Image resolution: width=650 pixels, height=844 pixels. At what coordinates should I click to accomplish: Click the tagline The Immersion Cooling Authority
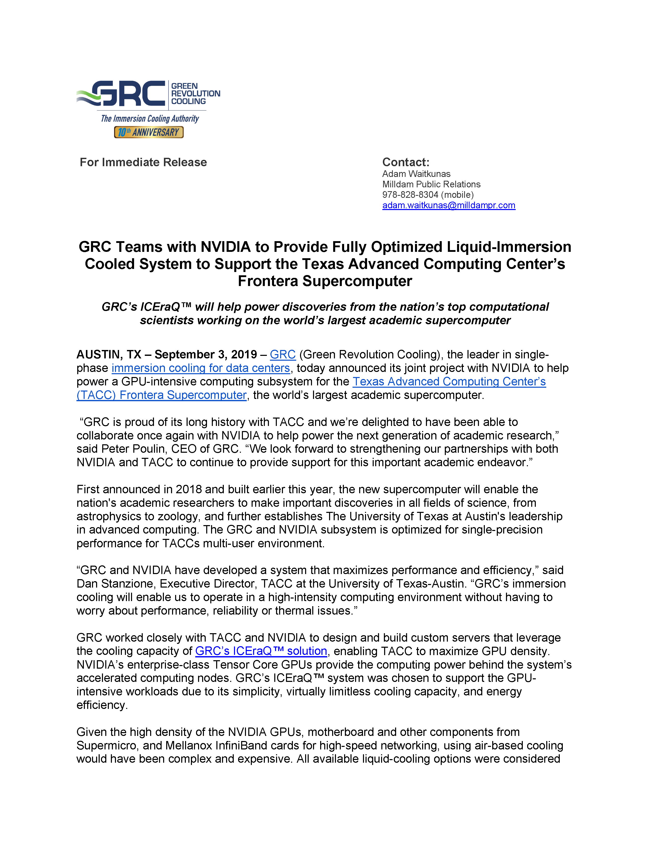(150, 119)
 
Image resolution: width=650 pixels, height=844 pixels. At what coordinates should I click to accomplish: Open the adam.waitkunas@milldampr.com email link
(448, 205)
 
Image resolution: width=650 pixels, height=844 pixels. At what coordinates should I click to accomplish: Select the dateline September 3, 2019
(206, 354)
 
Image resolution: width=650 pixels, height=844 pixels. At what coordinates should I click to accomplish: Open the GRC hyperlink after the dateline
(282, 354)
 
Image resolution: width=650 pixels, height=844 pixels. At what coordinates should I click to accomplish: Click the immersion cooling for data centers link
(201, 368)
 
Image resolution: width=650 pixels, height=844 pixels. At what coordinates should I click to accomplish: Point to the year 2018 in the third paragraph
(189, 489)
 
